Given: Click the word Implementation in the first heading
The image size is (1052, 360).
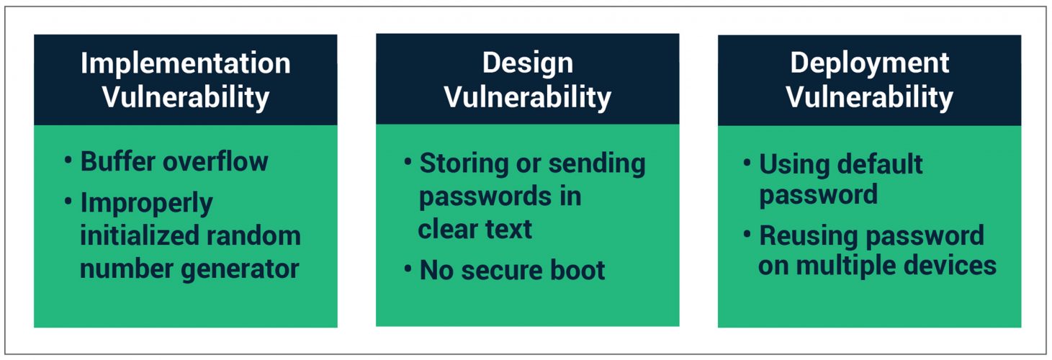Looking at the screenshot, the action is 186,63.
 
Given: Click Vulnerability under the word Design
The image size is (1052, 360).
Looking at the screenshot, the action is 527,99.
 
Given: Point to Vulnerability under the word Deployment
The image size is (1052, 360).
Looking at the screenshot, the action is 869,99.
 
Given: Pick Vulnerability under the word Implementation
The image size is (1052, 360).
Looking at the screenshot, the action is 186,99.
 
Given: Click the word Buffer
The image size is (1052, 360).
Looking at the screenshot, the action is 118,161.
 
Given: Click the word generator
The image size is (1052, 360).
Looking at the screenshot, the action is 240,270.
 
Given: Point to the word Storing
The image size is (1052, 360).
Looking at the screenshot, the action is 464,165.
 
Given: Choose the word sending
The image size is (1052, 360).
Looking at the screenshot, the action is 597,165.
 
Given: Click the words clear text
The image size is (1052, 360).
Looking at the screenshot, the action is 475,230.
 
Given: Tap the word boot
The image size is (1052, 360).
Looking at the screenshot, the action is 577,270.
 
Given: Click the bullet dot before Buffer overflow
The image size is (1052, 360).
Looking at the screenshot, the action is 68,160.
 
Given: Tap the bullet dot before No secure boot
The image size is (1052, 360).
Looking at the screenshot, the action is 408,269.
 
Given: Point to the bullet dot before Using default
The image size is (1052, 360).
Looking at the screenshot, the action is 747,163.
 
